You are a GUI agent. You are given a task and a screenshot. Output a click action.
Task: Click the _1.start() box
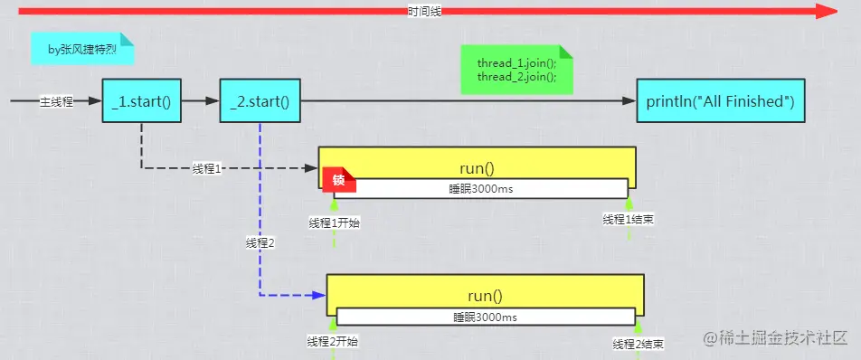click(141, 101)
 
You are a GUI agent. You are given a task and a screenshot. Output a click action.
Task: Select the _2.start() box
click(260, 101)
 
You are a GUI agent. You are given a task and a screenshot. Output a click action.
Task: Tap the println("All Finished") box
click(720, 101)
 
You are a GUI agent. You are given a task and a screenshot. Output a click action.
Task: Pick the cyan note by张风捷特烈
click(82, 49)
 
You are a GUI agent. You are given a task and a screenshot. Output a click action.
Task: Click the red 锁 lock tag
click(338, 180)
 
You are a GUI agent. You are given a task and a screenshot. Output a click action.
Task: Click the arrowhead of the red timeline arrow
click(827, 11)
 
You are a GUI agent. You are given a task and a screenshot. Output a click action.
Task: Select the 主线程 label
click(56, 101)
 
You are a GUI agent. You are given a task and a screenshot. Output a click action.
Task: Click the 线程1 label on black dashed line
click(207, 168)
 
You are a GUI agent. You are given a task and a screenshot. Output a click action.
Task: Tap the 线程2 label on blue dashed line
click(260, 242)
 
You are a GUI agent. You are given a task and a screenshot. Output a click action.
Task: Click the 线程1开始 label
click(334, 223)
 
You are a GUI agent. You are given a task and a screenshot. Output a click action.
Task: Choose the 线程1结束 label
click(629, 220)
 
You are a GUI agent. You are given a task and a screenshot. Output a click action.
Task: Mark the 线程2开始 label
click(333, 341)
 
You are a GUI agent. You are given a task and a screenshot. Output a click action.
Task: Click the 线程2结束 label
click(639, 344)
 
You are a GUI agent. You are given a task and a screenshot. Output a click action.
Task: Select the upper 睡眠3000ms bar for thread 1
click(479, 188)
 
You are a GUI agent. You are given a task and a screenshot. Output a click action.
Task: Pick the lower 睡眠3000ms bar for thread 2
click(486, 317)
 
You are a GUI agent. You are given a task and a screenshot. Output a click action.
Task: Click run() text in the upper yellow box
click(478, 167)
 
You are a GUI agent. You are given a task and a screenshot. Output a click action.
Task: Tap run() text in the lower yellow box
click(485, 295)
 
